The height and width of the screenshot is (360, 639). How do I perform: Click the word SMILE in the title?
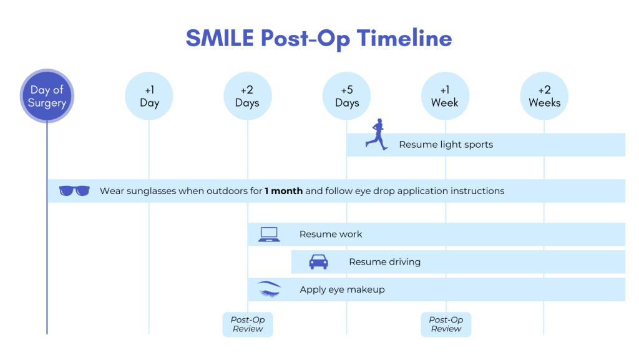pos(220,39)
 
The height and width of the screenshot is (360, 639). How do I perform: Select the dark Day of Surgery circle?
pos(47,97)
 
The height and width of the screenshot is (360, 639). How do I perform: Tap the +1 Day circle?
pos(149,97)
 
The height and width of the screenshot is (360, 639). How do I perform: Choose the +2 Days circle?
pos(248,97)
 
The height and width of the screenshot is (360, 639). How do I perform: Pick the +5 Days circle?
pos(346,97)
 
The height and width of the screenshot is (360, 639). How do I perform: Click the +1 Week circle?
pos(445,97)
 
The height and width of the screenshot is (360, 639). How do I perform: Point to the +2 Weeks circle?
pos(544,97)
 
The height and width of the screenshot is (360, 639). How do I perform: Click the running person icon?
pos(375,134)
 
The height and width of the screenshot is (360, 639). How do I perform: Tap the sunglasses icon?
pos(74,191)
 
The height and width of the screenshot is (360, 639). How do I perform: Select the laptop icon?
pos(269,235)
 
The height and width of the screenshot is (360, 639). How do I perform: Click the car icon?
pos(318,262)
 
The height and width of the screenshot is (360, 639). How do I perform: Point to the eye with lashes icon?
pos(269,289)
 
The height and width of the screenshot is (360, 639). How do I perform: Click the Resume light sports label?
pos(446,145)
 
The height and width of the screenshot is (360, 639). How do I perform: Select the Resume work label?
pos(331,235)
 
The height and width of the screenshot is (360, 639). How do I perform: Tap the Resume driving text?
pos(384,262)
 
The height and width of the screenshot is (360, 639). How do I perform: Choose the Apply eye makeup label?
pos(342,289)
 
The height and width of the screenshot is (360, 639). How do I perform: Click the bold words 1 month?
pos(283,191)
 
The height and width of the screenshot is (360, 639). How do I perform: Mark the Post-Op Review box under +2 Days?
pos(248,324)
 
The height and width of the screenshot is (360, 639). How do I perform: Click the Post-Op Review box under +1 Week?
pos(446,324)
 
